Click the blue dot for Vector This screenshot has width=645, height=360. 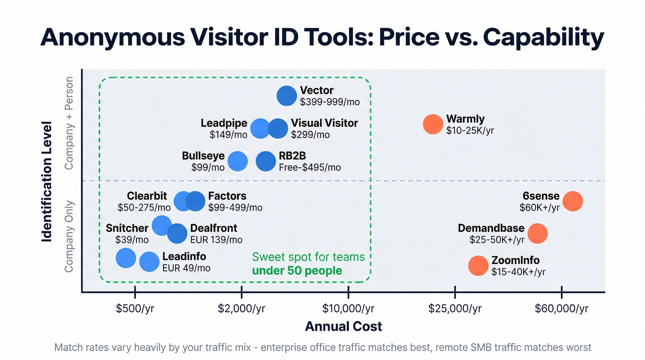pos(287,96)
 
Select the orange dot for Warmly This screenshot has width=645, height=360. pos(433,124)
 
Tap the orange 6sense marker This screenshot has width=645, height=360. pos(573,201)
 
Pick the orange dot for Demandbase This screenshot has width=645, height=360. pos(537,234)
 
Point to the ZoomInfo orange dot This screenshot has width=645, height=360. pos(478,266)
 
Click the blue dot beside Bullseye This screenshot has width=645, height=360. pos(238,161)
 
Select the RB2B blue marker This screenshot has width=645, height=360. pos(266,161)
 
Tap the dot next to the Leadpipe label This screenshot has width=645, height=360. pos(260,129)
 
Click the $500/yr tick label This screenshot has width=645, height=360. pos(135,308)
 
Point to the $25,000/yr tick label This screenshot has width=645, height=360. pos(455,308)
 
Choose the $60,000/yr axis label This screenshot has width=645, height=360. pos(561,308)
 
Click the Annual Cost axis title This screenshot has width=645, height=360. pos(343,327)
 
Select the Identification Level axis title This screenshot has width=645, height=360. pos(46,181)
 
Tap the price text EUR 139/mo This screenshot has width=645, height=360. pos(216,240)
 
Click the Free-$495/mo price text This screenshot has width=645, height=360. pos(310,167)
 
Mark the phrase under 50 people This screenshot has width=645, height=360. pos(297,270)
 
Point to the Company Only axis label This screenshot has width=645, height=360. pos(69,236)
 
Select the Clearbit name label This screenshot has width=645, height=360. pos(147,196)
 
